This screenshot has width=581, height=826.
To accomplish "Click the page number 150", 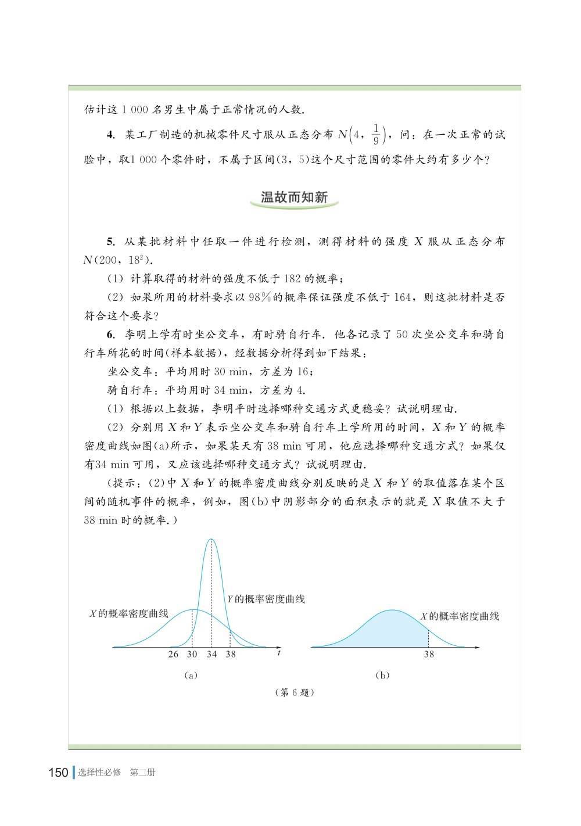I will click(59, 773).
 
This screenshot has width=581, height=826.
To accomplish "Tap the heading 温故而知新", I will click(295, 197).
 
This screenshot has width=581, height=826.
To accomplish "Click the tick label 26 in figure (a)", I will click(173, 654).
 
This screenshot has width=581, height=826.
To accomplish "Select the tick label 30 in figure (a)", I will click(192, 654).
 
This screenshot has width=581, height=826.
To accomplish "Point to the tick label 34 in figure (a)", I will click(211, 654).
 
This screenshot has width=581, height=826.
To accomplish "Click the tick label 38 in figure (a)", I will click(231, 654).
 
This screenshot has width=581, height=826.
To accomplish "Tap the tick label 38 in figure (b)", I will click(429, 654).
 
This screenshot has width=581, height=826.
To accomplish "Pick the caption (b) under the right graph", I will click(383, 675).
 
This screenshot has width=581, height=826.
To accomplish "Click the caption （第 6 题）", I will click(293, 693).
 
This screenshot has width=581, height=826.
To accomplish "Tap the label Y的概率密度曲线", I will click(266, 599).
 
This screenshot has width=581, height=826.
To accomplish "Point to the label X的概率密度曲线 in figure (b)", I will click(460, 616).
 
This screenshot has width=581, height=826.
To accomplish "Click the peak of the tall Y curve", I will click(211, 540).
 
